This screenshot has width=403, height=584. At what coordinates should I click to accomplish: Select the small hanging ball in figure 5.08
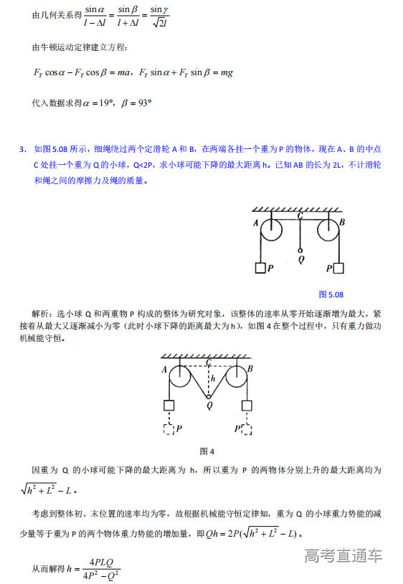[x=299, y=251]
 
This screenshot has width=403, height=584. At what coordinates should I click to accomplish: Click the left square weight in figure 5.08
[x=260, y=269]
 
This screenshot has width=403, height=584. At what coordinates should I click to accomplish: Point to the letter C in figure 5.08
[x=299, y=214]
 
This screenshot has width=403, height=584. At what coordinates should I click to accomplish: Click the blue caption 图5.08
[x=331, y=294]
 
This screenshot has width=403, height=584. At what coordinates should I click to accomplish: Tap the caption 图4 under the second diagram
[x=207, y=451]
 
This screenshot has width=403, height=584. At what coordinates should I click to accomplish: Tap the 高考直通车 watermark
[x=343, y=555]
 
